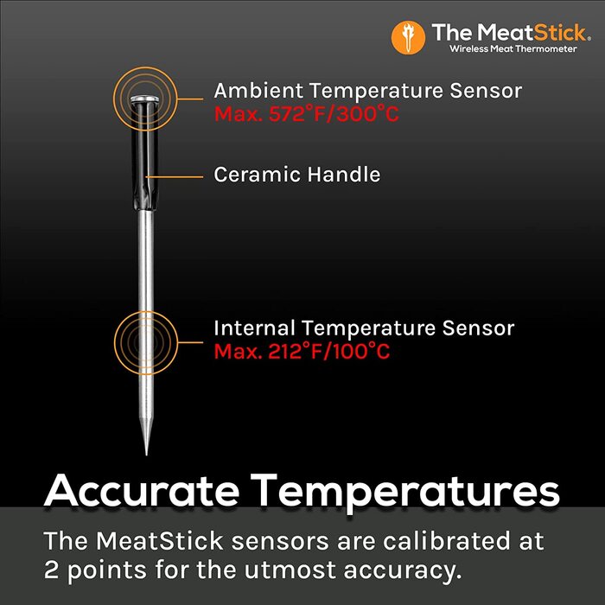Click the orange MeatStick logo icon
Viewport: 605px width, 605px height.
[x=408, y=36]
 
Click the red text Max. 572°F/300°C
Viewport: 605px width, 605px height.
[x=307, y=114]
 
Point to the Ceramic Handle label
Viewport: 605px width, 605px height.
[x=297, y=175]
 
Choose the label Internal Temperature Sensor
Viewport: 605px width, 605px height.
[x=364, y=328]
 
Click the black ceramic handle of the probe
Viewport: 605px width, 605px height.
[x=144, y=160]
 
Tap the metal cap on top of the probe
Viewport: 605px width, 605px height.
[x=144, y=101]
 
